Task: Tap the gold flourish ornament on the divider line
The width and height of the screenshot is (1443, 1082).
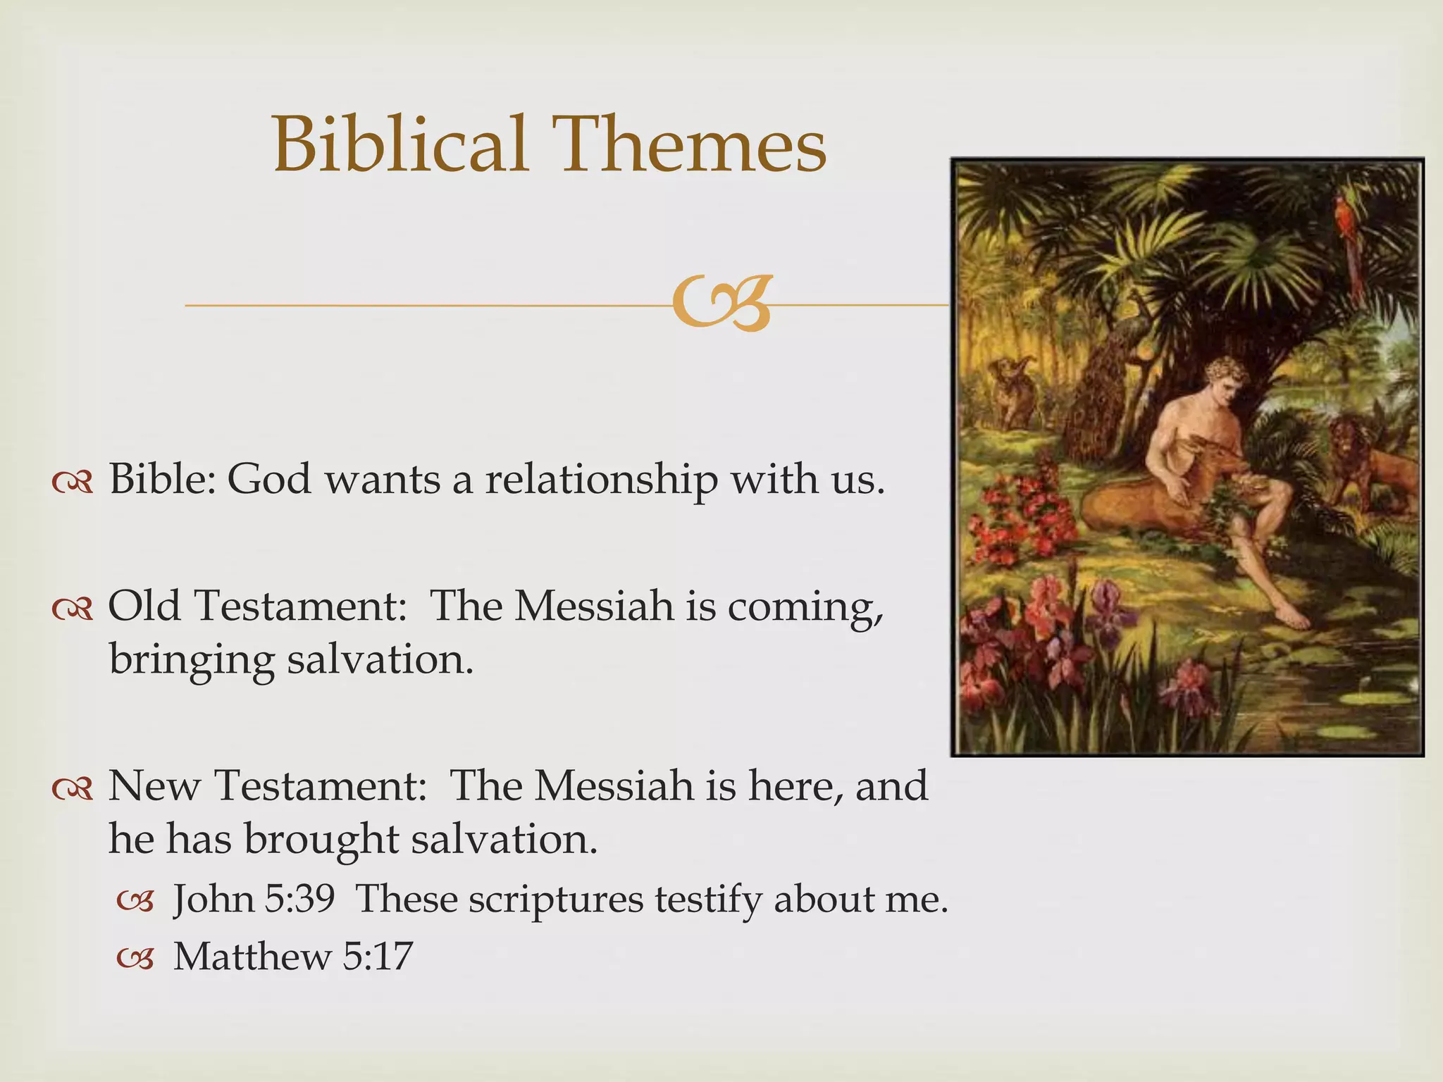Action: click(x=721, y=304)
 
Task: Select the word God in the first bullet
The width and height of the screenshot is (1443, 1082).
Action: click(x=268, y=480)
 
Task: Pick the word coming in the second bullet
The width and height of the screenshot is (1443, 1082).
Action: click(x=804, y=607)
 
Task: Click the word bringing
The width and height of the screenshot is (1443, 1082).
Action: click(x=191, y=661)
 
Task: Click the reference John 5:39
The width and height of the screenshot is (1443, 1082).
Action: click(x=254, y=900)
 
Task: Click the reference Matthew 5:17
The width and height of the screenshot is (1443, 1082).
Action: click(x=292, y=957)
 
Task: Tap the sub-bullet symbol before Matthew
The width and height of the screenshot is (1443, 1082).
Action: click(x=135, y=958)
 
